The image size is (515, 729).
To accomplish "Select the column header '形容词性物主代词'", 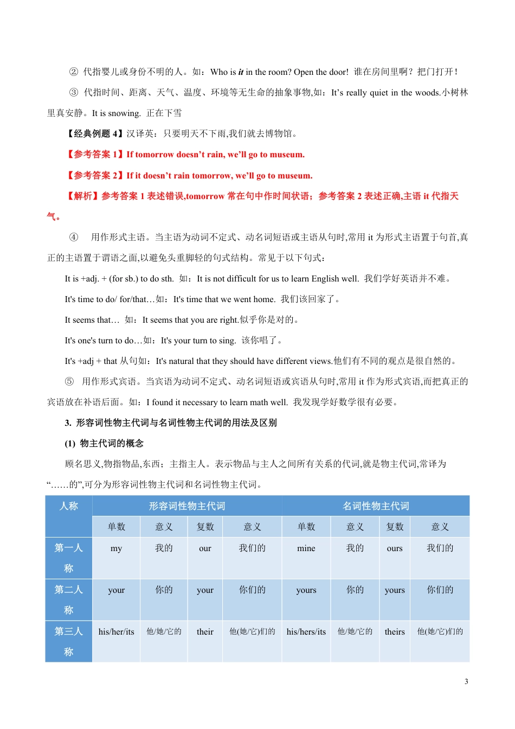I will tap(187, 506).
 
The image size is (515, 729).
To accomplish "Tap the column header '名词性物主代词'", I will tap(376, 506).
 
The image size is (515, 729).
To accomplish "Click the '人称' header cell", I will tap(69, 506).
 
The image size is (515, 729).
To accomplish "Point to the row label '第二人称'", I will tap(69, 599).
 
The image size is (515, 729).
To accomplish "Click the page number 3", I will tap(466, 682).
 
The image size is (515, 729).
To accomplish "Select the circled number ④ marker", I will tap(74, 237).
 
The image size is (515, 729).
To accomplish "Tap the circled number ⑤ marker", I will tap(69, 381).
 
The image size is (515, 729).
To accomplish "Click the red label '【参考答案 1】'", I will tap(94, 155).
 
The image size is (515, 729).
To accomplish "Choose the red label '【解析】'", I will tap(82, 196).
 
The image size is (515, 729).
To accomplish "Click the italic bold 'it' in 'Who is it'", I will tap(241, 72).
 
